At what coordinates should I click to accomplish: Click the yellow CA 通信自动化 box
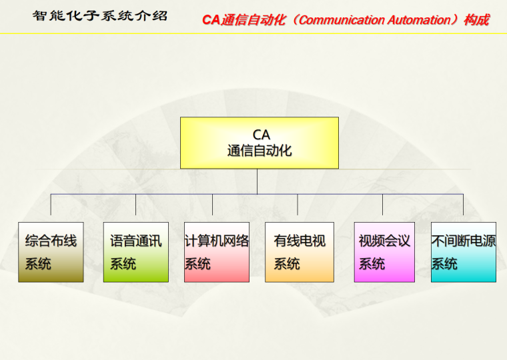coord(259,143)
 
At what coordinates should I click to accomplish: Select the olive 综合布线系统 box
coord(51,252)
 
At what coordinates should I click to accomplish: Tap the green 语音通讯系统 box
coord(135,252)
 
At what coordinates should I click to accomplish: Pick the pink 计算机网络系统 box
coord(216,252)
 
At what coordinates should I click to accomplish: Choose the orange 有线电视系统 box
coord(299,252)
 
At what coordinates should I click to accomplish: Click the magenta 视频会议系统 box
coord(384,252)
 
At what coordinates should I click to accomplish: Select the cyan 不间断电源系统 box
coord(463,252)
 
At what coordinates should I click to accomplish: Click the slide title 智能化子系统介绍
coord(100,15)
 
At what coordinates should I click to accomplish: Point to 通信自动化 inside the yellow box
coord(259,151)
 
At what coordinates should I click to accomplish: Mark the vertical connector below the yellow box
coord(257,181)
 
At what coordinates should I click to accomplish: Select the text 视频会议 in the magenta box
coord(384,241)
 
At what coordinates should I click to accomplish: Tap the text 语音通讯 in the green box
coord(135,241)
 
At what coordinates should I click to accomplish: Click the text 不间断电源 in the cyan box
coord(463,241)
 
